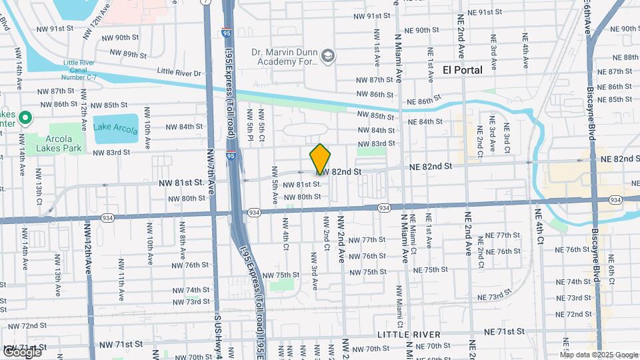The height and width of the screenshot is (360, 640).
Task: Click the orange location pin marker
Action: click(320, 159)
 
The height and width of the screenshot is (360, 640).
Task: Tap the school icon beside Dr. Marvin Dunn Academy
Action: click(327, 56)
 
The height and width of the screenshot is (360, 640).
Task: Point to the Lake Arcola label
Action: click(115, 127)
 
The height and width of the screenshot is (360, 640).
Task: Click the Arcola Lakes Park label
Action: click(59, 143)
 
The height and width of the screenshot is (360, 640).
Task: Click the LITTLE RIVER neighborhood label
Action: click(408, 334)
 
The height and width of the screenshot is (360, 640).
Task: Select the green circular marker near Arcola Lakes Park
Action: click(25, 119)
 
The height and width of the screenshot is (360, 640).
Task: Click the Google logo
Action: click(21, 351)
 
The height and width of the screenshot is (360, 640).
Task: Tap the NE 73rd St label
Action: click(494, 296)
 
